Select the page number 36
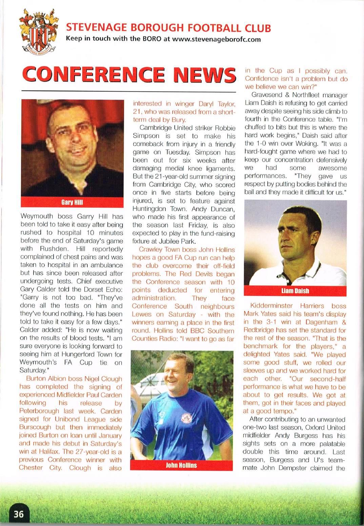pyautogui.click(x=19, y=514)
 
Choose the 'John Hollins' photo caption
pyautogui.click(x=181, y=465)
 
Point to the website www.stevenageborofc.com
pyautogui.click(x=217, y=39)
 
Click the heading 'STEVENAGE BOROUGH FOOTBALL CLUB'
pyautogui.click(x=168, y=27)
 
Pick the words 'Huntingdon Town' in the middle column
pyautogui.click(x=157, y=209)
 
